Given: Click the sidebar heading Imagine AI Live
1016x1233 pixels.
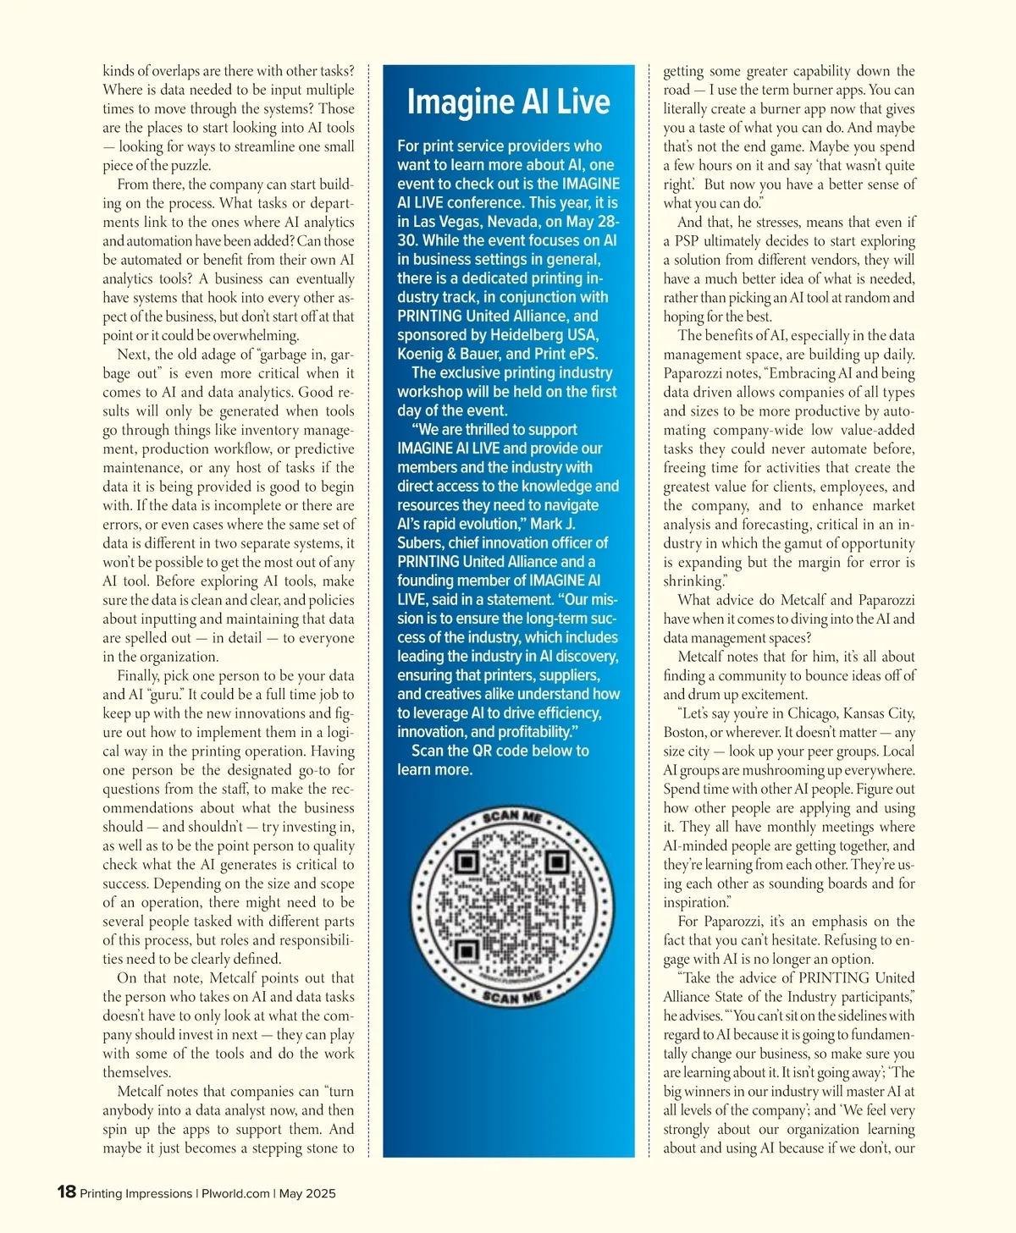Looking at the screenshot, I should point(508,102).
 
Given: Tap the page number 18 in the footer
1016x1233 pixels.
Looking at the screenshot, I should point(66,1192).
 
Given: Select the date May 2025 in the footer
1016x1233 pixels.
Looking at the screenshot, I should point(307,1193).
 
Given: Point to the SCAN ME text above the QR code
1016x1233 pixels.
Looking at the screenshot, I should point(511,817).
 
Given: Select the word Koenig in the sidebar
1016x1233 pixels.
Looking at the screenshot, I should point(421,354).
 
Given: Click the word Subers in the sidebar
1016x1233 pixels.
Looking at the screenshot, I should point(421,543).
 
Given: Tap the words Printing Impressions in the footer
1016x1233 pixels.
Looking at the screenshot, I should point(135,1193).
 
